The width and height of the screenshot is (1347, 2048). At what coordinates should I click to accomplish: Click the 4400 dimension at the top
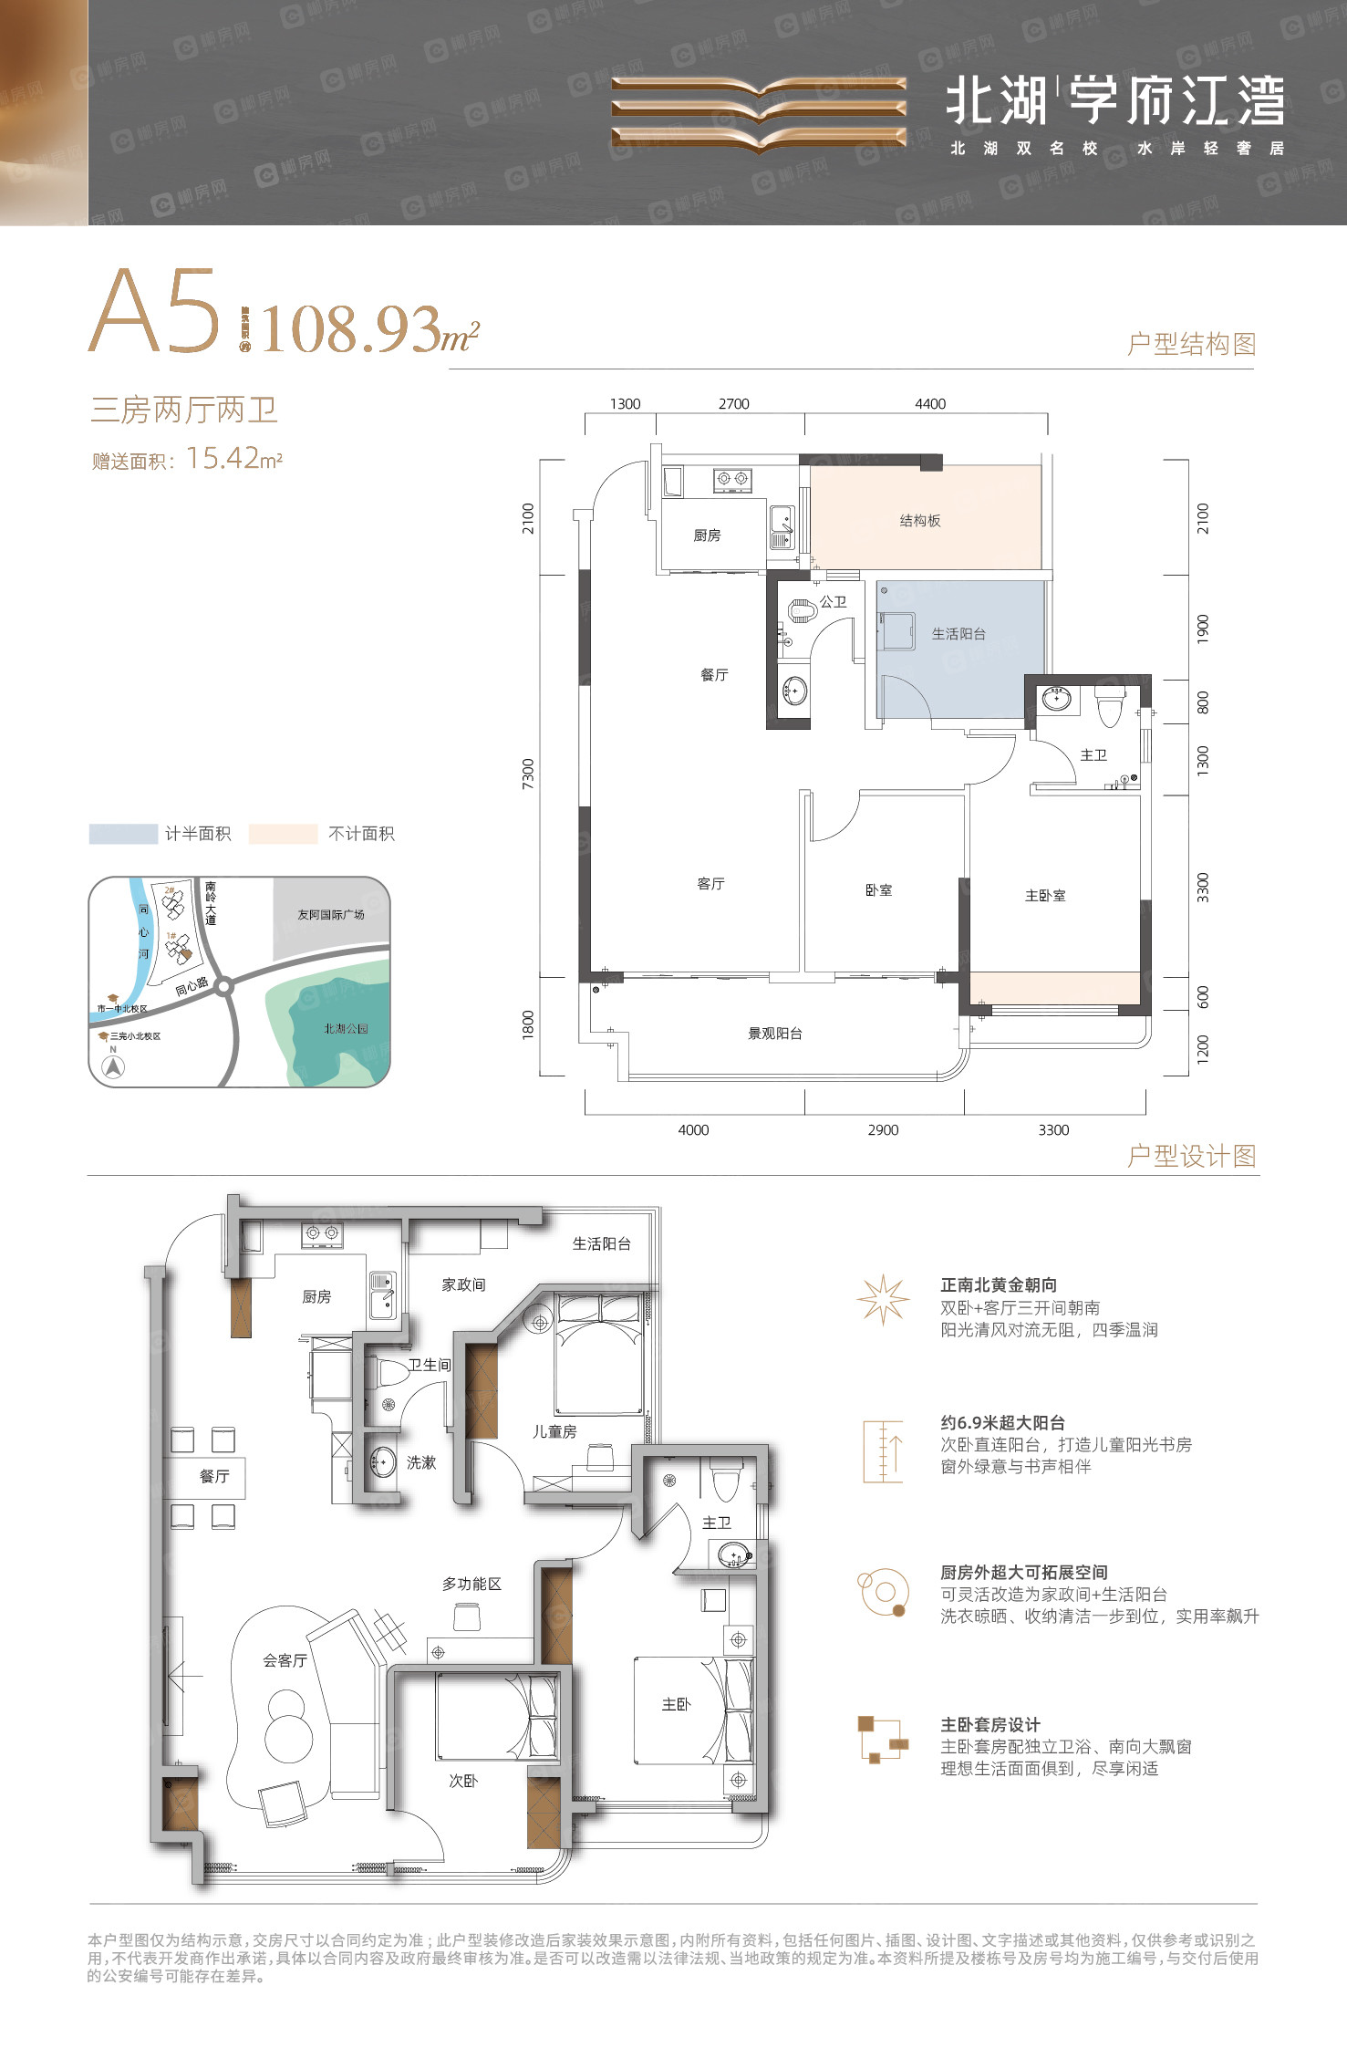[930, 404]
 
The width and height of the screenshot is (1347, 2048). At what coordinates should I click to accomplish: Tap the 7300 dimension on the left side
[529, 774]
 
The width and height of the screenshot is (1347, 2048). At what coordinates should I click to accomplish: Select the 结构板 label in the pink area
[919, 521]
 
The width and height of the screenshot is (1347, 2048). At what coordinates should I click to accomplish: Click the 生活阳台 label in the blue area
[958, 634]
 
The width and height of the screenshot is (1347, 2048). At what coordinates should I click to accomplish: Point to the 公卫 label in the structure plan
[833, 602]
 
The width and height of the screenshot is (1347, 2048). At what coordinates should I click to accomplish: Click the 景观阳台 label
[775, 1034]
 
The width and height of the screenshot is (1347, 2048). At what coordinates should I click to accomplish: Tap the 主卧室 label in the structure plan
[1045, 896]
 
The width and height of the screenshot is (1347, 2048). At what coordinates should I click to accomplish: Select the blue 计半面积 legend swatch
[123, 834]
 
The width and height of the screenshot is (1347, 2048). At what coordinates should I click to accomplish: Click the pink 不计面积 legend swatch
[283, 834]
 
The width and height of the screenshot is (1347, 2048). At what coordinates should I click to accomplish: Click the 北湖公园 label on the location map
[346, 1028]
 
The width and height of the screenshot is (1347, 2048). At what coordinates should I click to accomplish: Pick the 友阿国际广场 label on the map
[330, 914]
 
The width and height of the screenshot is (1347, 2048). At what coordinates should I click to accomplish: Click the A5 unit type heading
[156, 312]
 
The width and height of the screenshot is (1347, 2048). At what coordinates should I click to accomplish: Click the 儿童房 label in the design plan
[554, 1431]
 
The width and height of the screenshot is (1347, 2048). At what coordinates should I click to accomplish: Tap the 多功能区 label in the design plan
[471, 1584]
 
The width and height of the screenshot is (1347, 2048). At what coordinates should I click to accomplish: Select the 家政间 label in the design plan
[463, 1284]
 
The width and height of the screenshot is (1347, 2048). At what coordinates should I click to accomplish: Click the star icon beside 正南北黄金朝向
[883, 1300]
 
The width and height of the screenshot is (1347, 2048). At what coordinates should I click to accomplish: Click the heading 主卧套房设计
[990, 1724]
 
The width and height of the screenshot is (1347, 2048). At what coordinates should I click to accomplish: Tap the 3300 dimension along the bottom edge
[1053, 1130]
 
